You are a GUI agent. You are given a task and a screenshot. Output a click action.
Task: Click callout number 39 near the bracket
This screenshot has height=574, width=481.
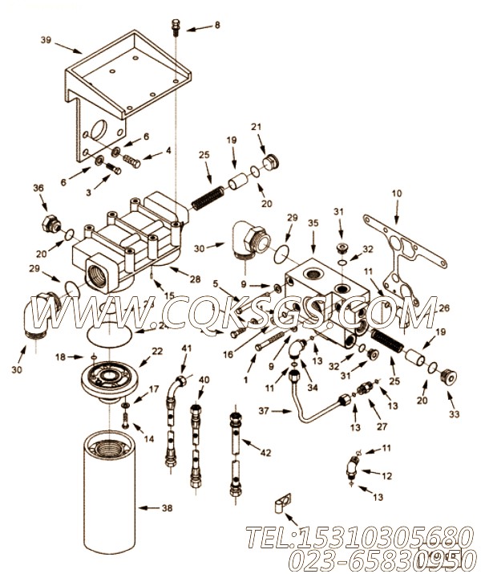click(46, 40)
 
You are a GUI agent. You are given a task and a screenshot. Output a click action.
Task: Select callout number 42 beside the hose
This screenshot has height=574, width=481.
click(265, 453)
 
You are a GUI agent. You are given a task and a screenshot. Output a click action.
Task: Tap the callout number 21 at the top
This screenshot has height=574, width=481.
click(257, 128)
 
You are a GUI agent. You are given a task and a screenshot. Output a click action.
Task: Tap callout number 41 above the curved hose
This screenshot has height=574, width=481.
click(186, 348)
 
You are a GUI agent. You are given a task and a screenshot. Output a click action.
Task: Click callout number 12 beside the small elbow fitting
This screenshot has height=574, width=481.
click(387, 475)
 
